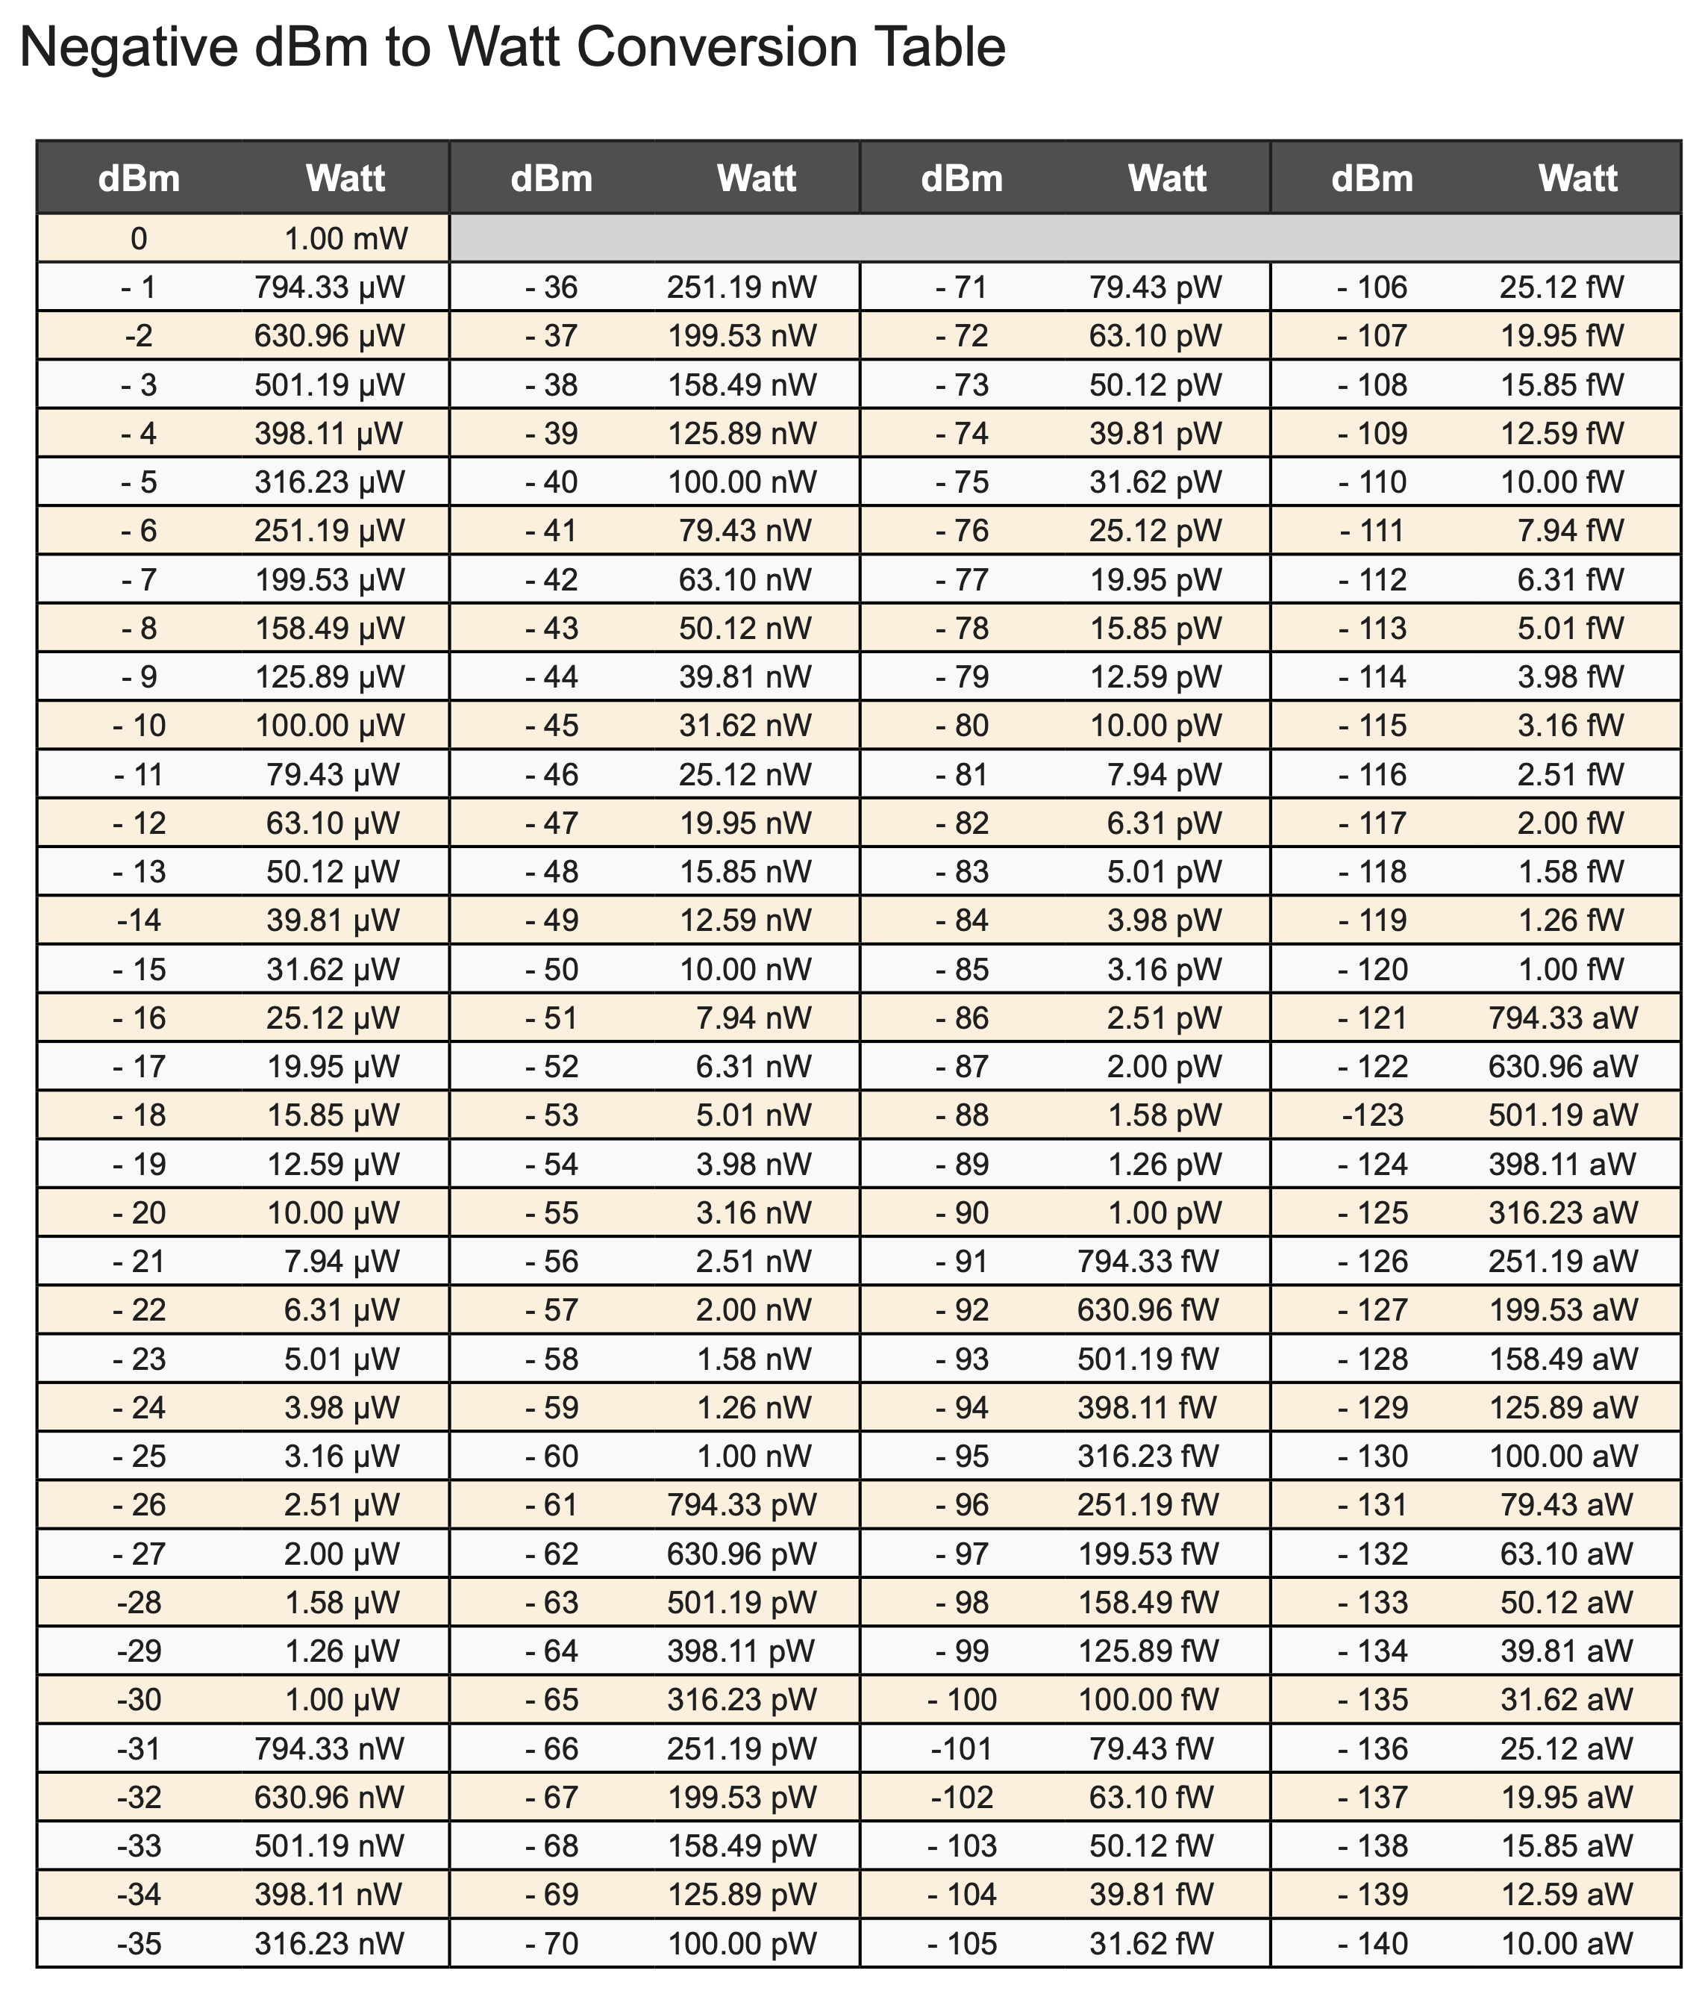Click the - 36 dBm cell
551,287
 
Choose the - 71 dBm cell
961,287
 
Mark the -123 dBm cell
1372,1115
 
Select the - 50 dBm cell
551,969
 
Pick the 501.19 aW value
1562,1115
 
